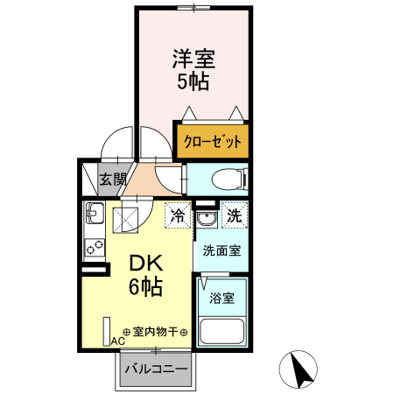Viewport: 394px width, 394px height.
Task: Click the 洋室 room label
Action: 193,60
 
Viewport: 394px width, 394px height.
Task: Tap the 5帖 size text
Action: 193,83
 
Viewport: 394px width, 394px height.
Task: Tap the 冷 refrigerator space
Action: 179,215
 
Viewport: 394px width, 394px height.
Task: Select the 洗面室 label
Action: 222,250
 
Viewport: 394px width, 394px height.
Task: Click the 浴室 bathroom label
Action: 221,298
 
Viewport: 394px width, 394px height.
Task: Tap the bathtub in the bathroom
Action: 222,332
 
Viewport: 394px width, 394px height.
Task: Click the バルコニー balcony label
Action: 156,369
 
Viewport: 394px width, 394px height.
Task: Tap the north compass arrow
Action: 303,369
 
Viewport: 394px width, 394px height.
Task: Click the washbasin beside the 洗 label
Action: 207,216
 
